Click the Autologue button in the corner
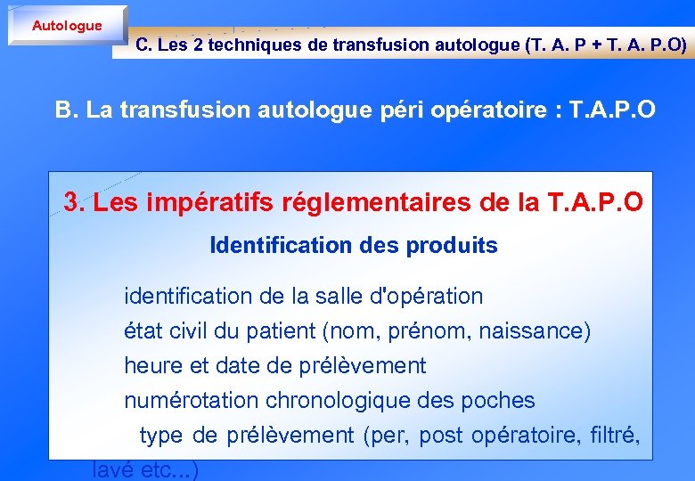tap(67, 26)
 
